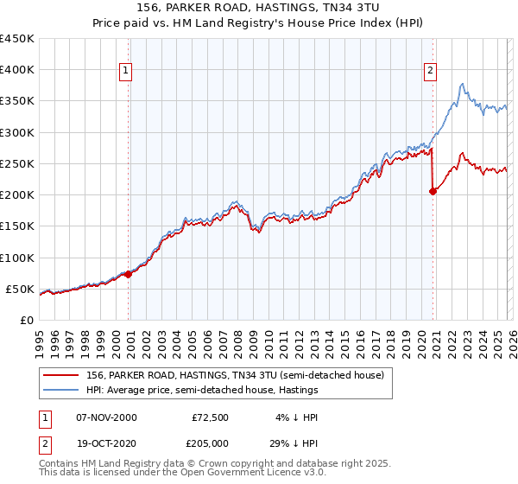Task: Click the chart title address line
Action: coord(259,10)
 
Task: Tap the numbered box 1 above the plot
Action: coord(126,72)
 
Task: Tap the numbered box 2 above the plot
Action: coord(430,72)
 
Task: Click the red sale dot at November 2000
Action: coord(129,274)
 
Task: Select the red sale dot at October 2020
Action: coord(433,192)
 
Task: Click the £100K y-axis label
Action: coord(17,258)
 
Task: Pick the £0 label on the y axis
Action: coord(26,320)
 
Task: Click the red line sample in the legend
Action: coord(60,374)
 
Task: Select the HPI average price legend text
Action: coord(202,390)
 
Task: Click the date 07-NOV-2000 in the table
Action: coord(106,417)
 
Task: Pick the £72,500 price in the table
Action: coord(211,417)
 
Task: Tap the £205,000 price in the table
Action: coord(211,443)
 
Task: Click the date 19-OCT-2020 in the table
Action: coord(106,443)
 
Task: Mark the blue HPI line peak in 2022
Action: coord(463,84)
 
